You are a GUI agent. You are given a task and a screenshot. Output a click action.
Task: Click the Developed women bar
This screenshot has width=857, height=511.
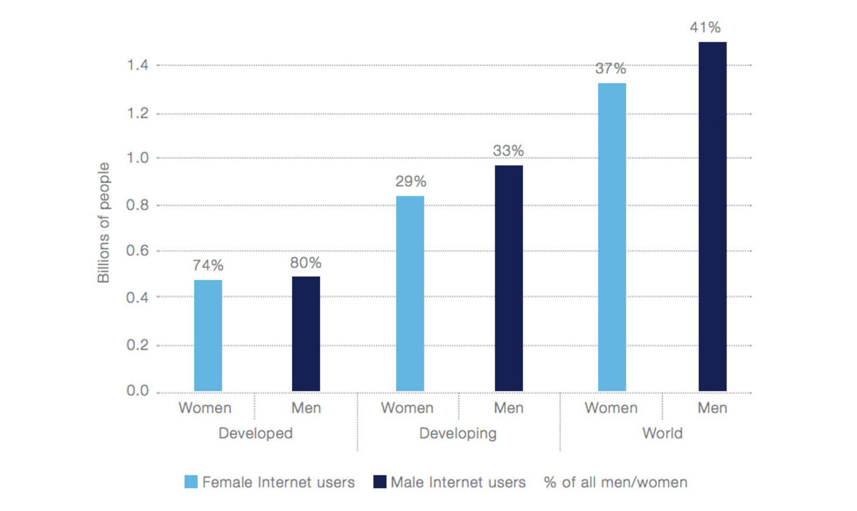208,336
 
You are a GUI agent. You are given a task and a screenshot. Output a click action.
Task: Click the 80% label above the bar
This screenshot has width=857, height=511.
305,263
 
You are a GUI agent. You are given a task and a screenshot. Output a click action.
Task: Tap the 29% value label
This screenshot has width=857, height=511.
410,181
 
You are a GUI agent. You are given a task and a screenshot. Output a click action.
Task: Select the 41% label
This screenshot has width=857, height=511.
711,27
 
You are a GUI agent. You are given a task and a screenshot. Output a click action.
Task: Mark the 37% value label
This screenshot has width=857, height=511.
611,68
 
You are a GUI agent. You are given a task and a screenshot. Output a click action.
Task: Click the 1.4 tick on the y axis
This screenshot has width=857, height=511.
138,66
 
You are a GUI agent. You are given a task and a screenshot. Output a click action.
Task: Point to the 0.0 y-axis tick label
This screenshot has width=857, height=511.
138,391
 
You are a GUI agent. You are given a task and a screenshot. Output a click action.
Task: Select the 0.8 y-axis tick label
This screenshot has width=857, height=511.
138,205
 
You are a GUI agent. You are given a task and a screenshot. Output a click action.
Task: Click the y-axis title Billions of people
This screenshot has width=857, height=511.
104,222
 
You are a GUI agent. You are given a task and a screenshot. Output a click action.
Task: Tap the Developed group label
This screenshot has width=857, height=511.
256,433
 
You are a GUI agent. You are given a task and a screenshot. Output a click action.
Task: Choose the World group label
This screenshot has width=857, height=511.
662,433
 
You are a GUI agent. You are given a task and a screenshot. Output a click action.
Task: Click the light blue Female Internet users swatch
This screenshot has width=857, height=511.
191,482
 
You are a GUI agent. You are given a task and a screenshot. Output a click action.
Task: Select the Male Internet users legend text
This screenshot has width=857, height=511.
458,482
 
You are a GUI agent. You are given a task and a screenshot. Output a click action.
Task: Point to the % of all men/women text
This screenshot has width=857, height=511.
615,482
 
